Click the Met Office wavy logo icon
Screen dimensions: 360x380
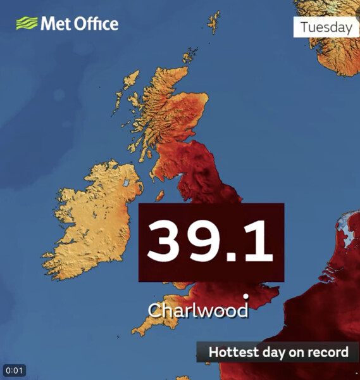point(27,24)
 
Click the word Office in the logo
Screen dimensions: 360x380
point(94,24)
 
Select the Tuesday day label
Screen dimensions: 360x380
point(326,27)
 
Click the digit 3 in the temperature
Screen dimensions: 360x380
point(166,242)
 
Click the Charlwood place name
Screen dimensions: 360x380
point(198,311)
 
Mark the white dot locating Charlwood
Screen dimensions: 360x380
point(245,296)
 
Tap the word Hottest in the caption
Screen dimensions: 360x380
point(232,352)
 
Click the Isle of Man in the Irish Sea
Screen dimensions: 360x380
point(161,195)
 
